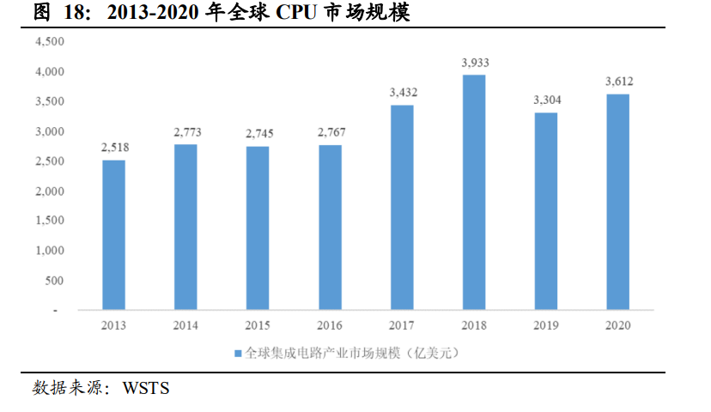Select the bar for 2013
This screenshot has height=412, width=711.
[x=113, y=234]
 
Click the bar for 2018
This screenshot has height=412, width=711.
[x=474, y=192]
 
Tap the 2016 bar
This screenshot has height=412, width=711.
[x=330, y=227]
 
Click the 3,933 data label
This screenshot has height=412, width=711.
[x=475, y=63]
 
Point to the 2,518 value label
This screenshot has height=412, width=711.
[x=114, y=148]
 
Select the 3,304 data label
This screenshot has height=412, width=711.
[x=547, y=100]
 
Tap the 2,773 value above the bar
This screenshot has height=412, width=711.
[x=186, y=132]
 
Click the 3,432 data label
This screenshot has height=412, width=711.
[x=403, y=93]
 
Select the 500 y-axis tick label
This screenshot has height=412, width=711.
[x=55, y=281]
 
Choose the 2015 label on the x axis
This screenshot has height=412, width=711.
[x=258, y=325]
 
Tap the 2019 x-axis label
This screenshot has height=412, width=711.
[x=546, y=325]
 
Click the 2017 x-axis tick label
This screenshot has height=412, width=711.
[x=402, y=325]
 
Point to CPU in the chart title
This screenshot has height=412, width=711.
[x=300, y=14]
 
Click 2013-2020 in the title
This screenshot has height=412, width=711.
[x=153, y=14]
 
